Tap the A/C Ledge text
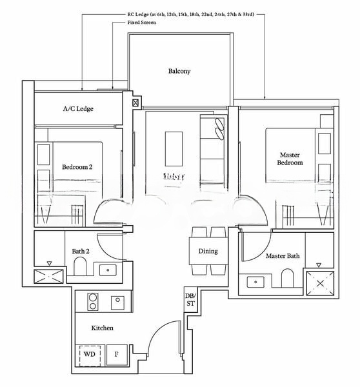(77, 108)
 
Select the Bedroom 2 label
(77, 167)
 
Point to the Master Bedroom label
(290, 159)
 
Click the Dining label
(208, 251)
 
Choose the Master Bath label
(283, 256)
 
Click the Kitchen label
(102, 328)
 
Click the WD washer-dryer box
(89, 354)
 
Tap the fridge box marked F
(117, 354)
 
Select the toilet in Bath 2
(81, 266)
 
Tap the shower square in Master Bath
(321, 282)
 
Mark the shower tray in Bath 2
(49, 277)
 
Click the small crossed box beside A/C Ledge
(135, 103)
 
